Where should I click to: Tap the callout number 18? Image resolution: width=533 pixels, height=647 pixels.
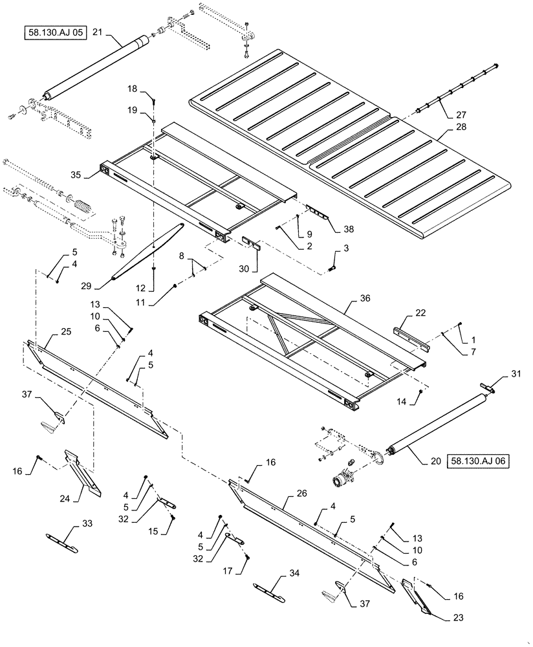(132, 88)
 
